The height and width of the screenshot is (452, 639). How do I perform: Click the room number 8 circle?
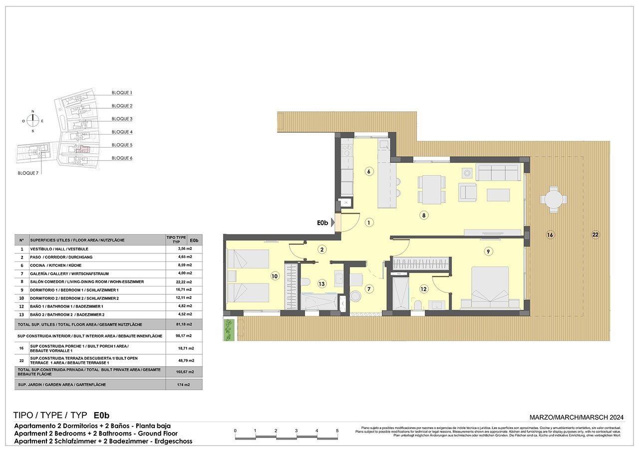pyautogui.click(x=423, y=216)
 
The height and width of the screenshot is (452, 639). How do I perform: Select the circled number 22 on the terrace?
pyautogui.click(x=595, y=234)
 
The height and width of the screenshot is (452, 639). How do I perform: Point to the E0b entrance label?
pyautogui.click(x=322, y=223)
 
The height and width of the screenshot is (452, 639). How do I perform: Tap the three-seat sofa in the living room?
pyautogui.click(x=497, y=173)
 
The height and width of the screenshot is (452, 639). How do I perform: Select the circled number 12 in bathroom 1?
pyautogui.click(x=424, y=288)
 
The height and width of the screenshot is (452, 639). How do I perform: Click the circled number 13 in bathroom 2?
pyautogui.click(x=322, y=283)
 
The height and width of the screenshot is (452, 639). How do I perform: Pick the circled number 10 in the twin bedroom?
pyautogui.click(x=274, y=275)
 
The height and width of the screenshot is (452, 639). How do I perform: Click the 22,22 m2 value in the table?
pyautogui.click(x=185, y=282)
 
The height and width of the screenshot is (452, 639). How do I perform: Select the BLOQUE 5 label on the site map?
pyautogui.click(x=122, y=145)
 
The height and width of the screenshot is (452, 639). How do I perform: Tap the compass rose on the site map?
pyautogui.click(x=33, y=120)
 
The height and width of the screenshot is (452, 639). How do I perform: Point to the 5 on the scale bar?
pyautogui.click(x=337, y=431)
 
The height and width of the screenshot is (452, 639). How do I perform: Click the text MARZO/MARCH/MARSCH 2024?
pyautogui.click(x=577, y=417)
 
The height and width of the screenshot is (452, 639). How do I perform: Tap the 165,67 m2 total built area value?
pyautogui.click(x=185, y=372)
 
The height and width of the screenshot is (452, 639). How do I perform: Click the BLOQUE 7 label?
pyautogui.click(x=28, y=173)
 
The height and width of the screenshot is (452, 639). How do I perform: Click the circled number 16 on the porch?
pyautogui.click(x=550, y=234)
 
